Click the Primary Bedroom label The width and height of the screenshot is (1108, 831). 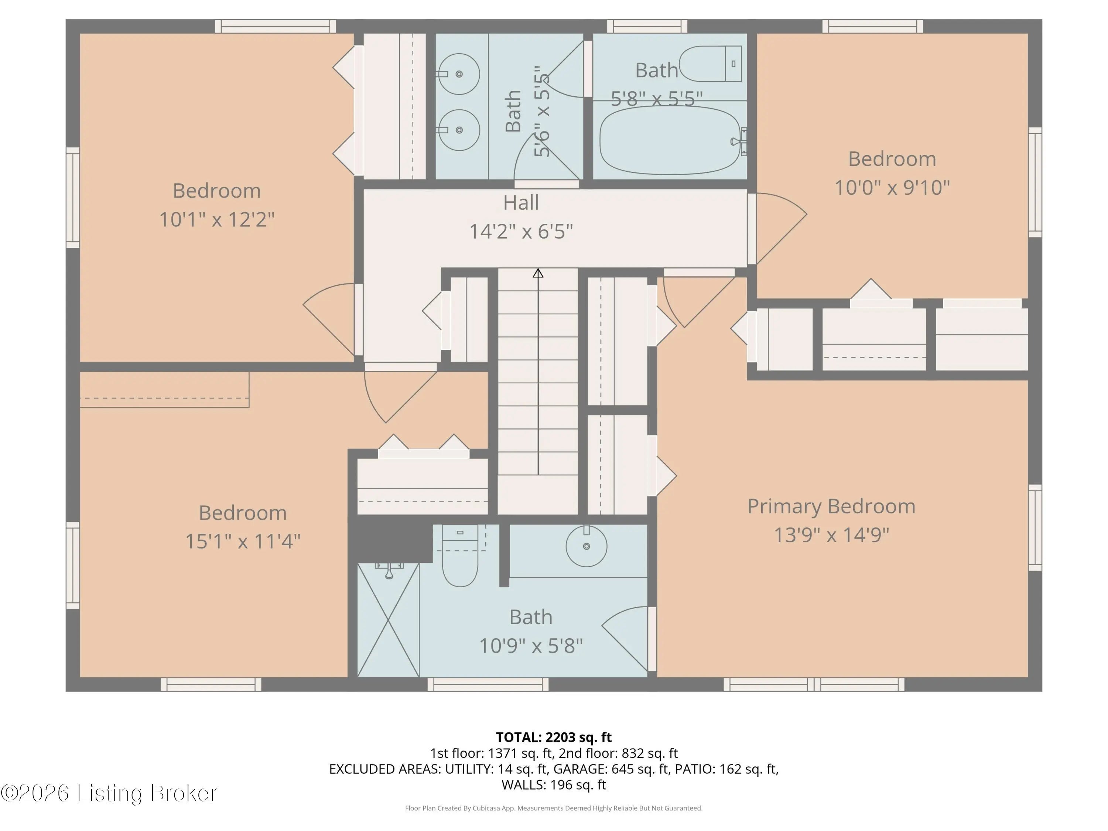point(831,506)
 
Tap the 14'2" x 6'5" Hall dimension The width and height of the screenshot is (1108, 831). point(521,232)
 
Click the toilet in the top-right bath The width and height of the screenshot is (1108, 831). point(710,64)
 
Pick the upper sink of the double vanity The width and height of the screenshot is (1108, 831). point(458,74)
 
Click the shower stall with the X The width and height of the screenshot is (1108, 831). point(388,620)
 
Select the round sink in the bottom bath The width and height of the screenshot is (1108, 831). point(587,546)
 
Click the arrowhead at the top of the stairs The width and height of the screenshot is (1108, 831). point(538,273)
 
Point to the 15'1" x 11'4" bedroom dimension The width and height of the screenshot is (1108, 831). point(243,541)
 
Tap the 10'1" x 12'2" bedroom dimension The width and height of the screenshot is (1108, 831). point(217,219)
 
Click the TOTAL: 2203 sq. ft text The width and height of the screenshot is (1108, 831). point(554,737)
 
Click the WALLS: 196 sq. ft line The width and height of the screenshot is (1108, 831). point(554,785)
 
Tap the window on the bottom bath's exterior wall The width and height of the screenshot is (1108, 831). point(488,684)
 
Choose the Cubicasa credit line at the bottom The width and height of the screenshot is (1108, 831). point(554,808)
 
